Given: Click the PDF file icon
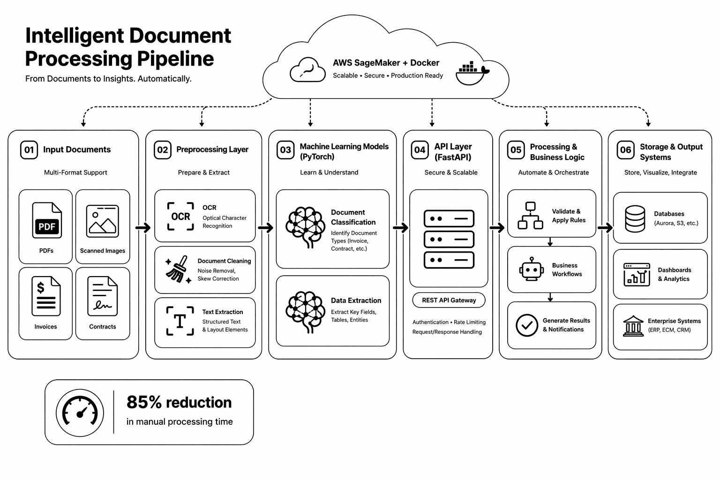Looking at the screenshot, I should [x=47, y=220].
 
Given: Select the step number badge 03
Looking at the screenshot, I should [x=285, y=150].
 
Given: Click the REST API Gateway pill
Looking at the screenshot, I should [x=449, y=300].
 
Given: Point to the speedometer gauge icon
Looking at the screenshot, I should [x=80, y=413].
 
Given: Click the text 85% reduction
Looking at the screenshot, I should [x=179, y=402].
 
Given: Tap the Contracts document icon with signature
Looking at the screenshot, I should [x=103, y=296].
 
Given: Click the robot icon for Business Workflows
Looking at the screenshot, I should [x=531, y=269].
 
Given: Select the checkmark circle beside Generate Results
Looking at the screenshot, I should [x=527, y=325].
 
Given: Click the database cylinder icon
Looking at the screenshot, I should [x=635, y=218].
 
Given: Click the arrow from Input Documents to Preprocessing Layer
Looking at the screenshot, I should [x=143, y=228].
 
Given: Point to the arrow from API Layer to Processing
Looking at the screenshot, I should [x=496, y=228].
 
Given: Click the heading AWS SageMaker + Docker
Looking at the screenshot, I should [x=386, y=63].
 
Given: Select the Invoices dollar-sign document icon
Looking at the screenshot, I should [x=46, y=296].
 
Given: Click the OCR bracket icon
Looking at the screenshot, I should [x=180, y=216].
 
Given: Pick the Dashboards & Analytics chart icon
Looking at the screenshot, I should [x=637, y=274].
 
